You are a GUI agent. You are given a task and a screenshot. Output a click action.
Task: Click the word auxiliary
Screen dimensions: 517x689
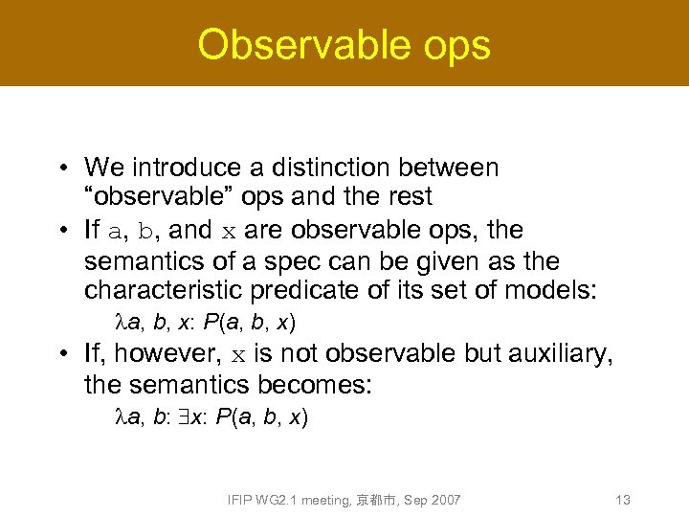tap(560, 354)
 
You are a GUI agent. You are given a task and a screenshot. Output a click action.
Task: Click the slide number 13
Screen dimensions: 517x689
tap(623, 500)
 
